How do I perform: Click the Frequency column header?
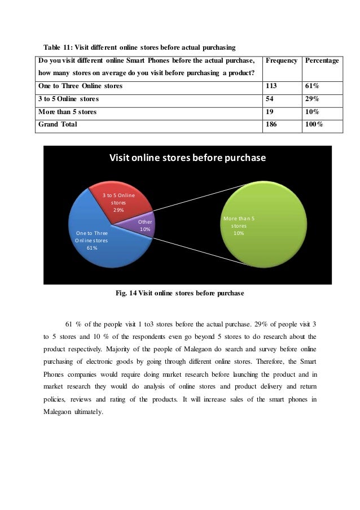[281, 60]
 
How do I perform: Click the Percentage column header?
[322, 60]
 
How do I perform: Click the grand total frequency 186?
[272, 124]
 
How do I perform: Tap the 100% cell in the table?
[313, 124]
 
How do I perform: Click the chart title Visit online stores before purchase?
[187, 158]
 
